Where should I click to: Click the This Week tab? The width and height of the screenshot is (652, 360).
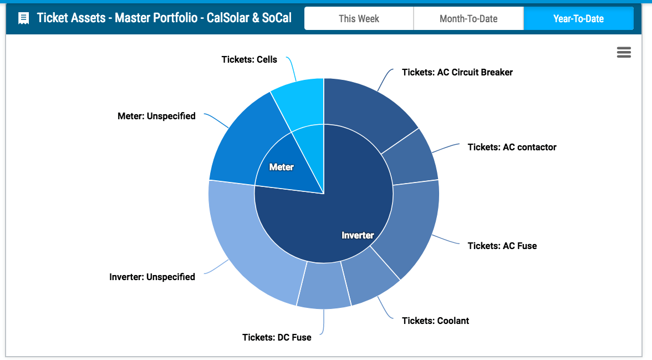point(359,18)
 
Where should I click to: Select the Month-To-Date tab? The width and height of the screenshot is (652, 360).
point(468,18)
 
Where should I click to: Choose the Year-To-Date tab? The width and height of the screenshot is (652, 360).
point(578,18)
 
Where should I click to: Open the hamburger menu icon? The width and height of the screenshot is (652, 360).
point(624,52)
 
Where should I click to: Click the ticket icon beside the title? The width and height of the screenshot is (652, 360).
point(24,18)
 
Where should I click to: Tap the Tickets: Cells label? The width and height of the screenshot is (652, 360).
point(249,59)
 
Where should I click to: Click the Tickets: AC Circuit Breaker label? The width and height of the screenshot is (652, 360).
point(457,73)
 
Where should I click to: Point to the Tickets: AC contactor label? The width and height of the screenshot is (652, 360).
point(512,148)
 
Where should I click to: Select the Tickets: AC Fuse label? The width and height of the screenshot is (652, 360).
point(502,246)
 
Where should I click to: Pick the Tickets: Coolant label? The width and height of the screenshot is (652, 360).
point(435,321)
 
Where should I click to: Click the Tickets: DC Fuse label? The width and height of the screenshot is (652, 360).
point(277,337)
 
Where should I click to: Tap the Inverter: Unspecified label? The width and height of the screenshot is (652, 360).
point(152,277)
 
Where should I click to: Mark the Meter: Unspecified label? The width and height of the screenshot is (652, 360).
point(156,116)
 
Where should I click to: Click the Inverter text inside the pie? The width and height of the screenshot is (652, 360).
point(358,236)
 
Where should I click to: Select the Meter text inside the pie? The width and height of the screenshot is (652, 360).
point(282,168)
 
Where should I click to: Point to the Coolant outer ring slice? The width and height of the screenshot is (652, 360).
point(369,278)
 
